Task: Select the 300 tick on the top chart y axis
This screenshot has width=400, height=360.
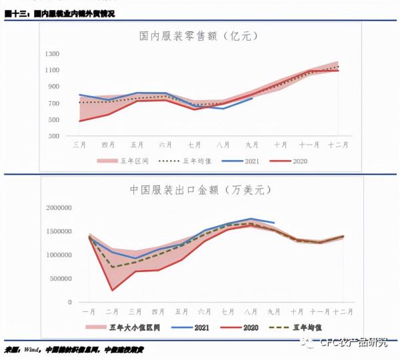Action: pos(53,135)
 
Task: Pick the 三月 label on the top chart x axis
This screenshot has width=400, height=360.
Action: pos(79,143)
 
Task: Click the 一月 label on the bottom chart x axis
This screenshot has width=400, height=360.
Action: pos(88,311)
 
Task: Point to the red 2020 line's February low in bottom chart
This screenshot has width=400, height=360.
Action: pos(111,290)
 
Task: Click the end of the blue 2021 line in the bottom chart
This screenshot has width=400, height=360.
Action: pos(274,223)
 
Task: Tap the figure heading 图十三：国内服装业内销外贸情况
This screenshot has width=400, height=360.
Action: pos(59,14)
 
